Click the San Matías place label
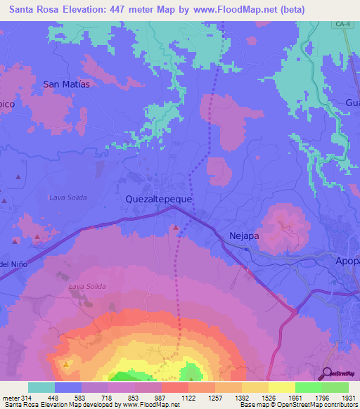point(67,84)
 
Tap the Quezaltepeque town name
point(158,199)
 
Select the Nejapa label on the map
point(245,236)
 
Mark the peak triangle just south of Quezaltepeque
point(176,227)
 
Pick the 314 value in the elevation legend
point(27,398)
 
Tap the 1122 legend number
point(188,398)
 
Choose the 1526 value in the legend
point(268,398)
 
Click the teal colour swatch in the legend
point(41,387)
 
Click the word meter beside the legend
point(11,398)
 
